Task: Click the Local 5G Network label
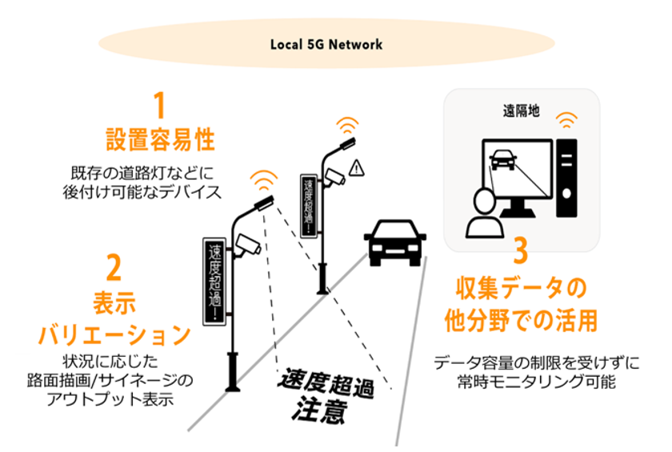(x=326, y=44)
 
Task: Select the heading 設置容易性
(x=160, y=139)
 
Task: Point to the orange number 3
(x=520, y=250)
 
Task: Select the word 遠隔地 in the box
(x=521, y=110)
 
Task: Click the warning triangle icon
(x=357, y=167)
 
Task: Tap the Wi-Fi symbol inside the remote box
(x=568, y=121)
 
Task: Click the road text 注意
(x=318, y=414)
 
